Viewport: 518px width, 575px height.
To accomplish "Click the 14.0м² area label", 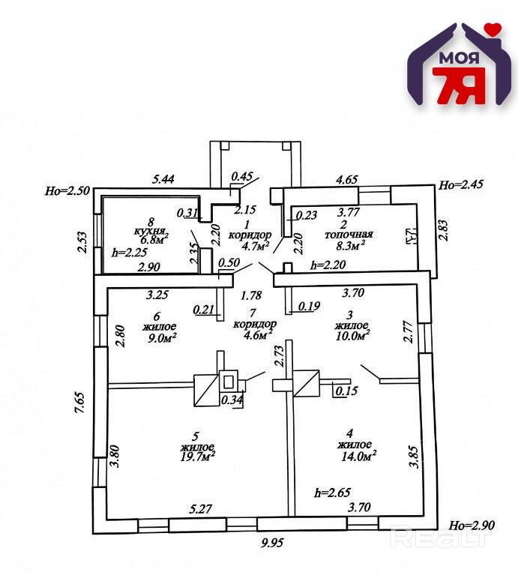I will pyautogui.click(x=359, y=454).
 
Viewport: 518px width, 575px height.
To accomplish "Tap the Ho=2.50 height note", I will pyautogui.click(x=67, y=191).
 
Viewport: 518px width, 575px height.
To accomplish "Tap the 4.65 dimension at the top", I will pyautogui.click(x=346, y=180).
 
